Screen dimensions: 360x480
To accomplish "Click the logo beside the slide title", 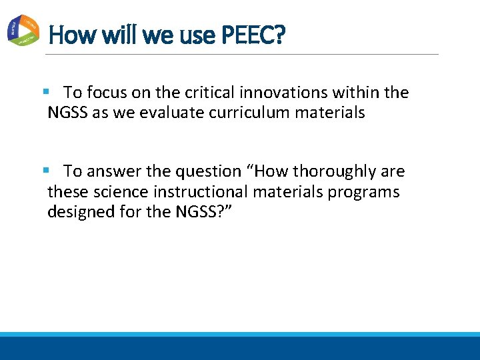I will pyautogui.click(x=22, y=30).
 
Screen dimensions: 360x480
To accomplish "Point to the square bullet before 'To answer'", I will pyautogui.click(x=45, y=171).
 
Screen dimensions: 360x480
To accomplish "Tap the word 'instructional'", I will pyautogui.click(x=182, y=192).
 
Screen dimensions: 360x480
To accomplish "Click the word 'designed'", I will pyautogui.click(x=78, y=212).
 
